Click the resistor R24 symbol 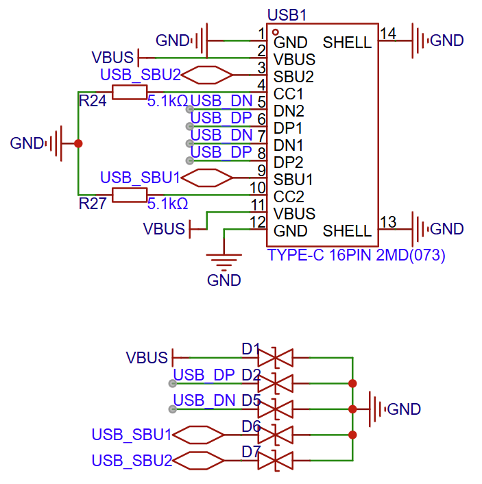129,93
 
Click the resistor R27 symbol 129,195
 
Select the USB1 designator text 287,14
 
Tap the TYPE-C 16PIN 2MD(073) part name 357,256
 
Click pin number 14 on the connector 387,34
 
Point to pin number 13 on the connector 387,221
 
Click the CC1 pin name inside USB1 289,93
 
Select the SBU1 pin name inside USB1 293,179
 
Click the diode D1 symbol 275,358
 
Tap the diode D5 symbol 275,409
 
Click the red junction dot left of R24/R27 78,143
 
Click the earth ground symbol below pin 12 224,259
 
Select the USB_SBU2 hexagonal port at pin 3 206,75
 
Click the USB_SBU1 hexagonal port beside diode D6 198,435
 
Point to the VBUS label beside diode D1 147,357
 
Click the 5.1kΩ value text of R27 168,204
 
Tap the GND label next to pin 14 447,40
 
